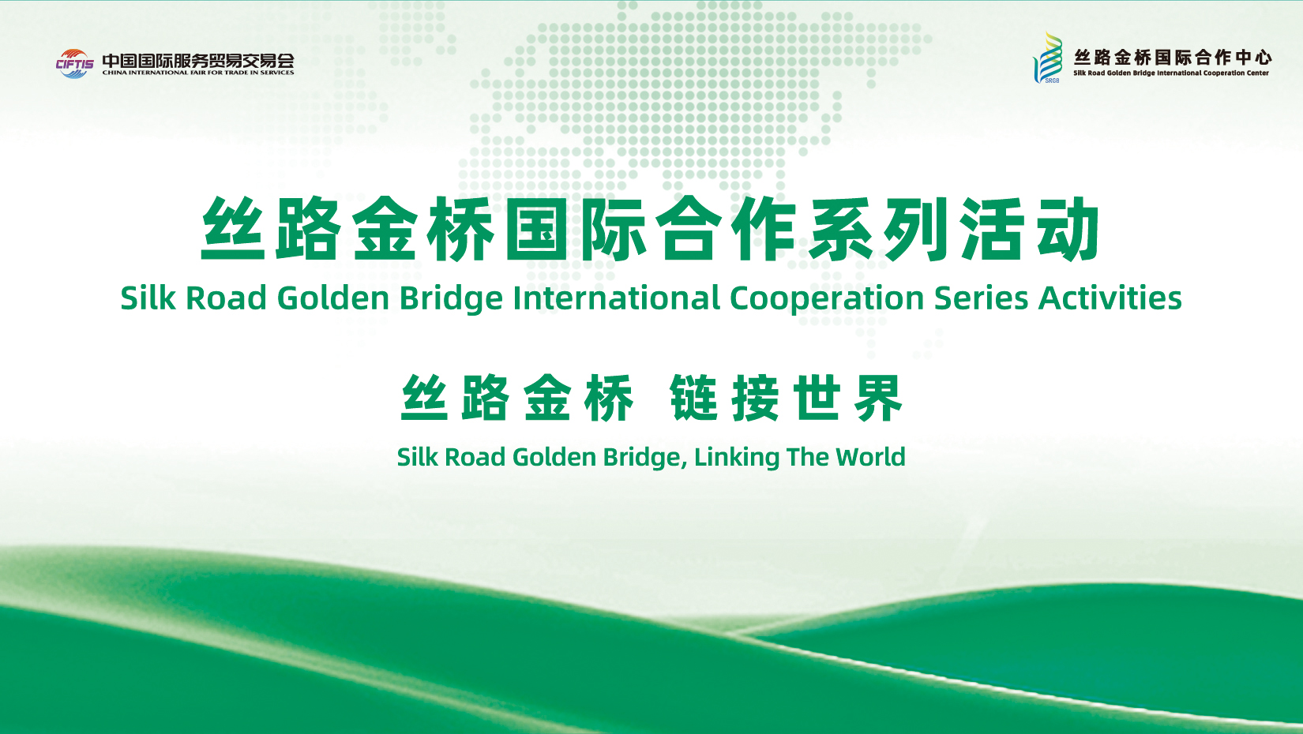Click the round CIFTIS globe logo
pos(74,64)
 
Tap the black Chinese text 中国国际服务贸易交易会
pos(198,61)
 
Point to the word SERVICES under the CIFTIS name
pos(276,73)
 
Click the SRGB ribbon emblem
pos(1048,58)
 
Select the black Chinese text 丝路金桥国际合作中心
pos(1173,57)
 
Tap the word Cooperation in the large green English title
pos(827,299)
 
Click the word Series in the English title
pos(982,298)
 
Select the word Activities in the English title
pos(1110,298)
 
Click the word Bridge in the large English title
pos(451,299)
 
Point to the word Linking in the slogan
pos(737,458)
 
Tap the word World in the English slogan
pos(870,457)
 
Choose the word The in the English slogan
pos(807,457)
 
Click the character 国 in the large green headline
pos(536,229)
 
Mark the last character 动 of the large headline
pos(1068,229)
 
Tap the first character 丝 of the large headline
pos(233,229)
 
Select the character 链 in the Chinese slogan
pos(693,398)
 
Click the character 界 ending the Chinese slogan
pos(878,398)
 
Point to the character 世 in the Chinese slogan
pos(817,398)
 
